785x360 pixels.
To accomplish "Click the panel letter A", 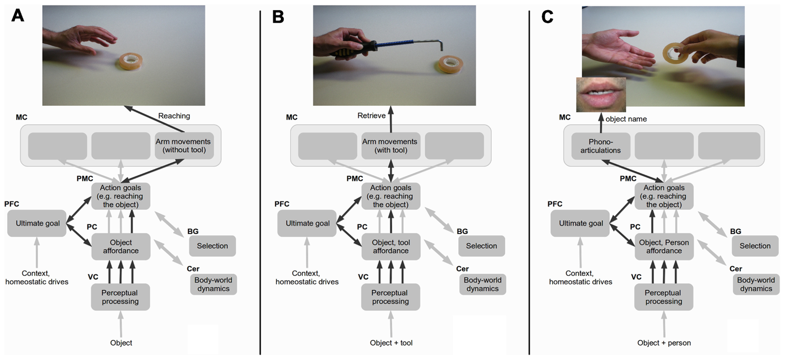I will tap(18, 16).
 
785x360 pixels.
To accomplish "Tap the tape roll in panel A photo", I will tap(131, 62).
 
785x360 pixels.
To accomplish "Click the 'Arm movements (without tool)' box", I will tap(184, 146).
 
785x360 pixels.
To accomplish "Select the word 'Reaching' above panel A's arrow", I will tap(174, 116).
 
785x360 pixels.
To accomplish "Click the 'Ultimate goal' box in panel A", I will tap(37, 223).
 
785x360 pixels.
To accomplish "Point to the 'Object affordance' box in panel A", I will tap(121, 246).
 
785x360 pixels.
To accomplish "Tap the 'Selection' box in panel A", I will tap(212, 246).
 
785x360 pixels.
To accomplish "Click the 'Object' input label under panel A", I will tap(121, 343).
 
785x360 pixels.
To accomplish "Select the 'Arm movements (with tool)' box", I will tap(390, 146).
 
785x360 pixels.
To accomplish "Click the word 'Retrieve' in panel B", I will tap(371, 116).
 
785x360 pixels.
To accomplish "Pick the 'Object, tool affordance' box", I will tap(391, 246).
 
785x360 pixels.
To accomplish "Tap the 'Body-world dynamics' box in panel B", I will tap(482, 284).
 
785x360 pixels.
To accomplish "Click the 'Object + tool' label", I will tap(391, 343).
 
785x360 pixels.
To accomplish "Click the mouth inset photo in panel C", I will tap(601, 94).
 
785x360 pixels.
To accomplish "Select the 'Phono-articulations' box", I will tap(600, 146).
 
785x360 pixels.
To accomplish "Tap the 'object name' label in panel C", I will tap(626, 119).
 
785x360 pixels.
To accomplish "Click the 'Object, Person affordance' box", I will tap(664, 246).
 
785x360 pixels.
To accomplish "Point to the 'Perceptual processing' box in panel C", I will tap(663, 297).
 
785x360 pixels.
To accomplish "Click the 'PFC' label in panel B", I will tap(282, 204).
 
